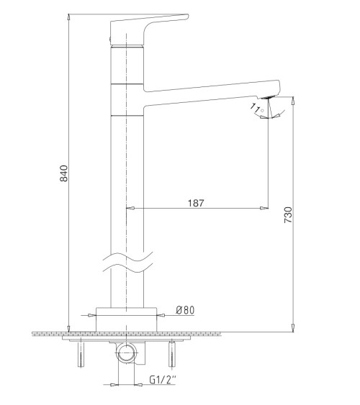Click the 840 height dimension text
point(63,173)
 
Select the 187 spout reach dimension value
point(195,203)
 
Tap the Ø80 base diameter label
point(185,310)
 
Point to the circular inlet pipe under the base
point(128,353)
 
